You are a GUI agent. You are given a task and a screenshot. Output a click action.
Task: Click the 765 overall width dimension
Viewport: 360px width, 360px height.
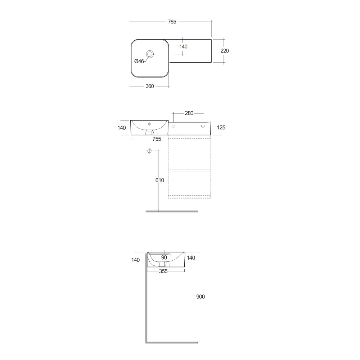point(172,22)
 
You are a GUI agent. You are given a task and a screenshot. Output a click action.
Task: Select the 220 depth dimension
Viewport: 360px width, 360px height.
point(224,51)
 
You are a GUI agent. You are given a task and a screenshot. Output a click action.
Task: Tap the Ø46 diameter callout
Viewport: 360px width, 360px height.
point(139,61)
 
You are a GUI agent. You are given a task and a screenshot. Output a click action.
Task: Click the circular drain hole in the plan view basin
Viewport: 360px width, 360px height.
point(150,54)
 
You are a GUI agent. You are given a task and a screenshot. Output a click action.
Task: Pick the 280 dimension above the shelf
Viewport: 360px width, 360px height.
point(189,113)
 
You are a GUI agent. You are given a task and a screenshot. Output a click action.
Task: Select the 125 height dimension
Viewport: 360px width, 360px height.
point(221,127)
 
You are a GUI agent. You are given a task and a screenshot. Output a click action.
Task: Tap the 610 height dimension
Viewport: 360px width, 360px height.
point(160,180)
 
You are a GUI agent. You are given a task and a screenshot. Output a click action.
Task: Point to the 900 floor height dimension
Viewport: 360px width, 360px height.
point(201,296)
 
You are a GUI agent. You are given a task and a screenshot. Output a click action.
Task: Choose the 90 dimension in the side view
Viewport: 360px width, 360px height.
point(164,257)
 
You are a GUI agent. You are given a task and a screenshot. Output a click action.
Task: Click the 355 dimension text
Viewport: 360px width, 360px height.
point(163,271)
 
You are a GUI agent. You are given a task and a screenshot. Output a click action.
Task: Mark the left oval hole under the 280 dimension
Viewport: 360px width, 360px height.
point(174,126)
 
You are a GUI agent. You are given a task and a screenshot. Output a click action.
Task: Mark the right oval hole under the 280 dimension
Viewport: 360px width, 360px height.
point(203,126)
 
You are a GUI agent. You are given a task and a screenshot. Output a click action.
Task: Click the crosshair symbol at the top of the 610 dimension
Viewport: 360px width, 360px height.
point(149,151)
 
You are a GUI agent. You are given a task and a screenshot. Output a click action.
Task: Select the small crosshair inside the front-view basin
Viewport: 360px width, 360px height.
point(149,124)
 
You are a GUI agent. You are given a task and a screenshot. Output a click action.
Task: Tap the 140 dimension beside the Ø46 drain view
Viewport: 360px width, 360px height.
point(183,46)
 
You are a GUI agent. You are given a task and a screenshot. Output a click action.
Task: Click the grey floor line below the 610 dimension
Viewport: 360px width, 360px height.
point(172,211)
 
